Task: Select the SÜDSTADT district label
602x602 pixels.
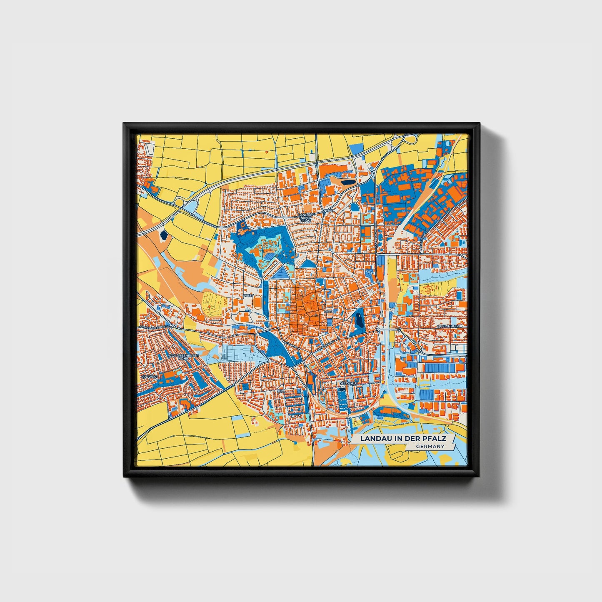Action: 349,382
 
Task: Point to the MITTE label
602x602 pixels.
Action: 329,311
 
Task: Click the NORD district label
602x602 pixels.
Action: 329,211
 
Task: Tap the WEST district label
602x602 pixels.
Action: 248,295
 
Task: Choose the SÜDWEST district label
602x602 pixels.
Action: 150,377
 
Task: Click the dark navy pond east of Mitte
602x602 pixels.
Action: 358,321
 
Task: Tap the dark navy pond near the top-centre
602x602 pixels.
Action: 348,181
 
